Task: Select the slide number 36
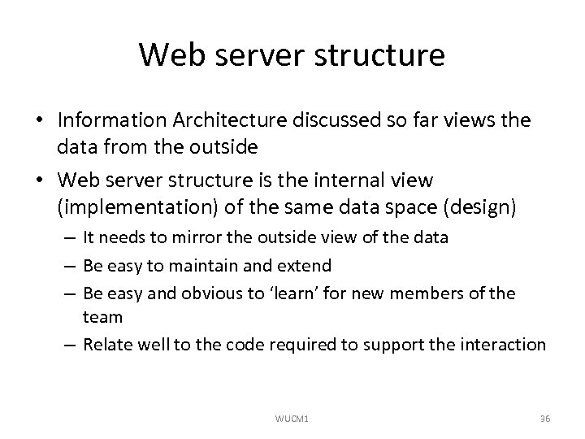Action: tap(545, 418)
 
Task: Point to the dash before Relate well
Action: tap(71, 345)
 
